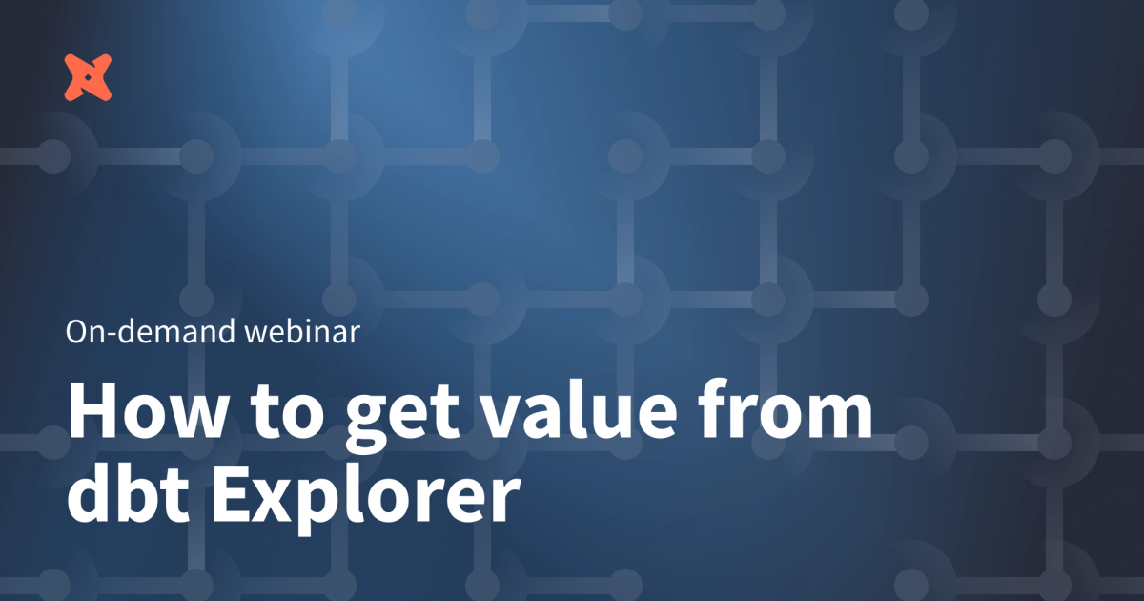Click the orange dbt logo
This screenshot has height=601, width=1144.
point(89,77)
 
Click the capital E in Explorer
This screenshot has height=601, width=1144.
point(231,496)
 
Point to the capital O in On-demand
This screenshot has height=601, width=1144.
point(78,332)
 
